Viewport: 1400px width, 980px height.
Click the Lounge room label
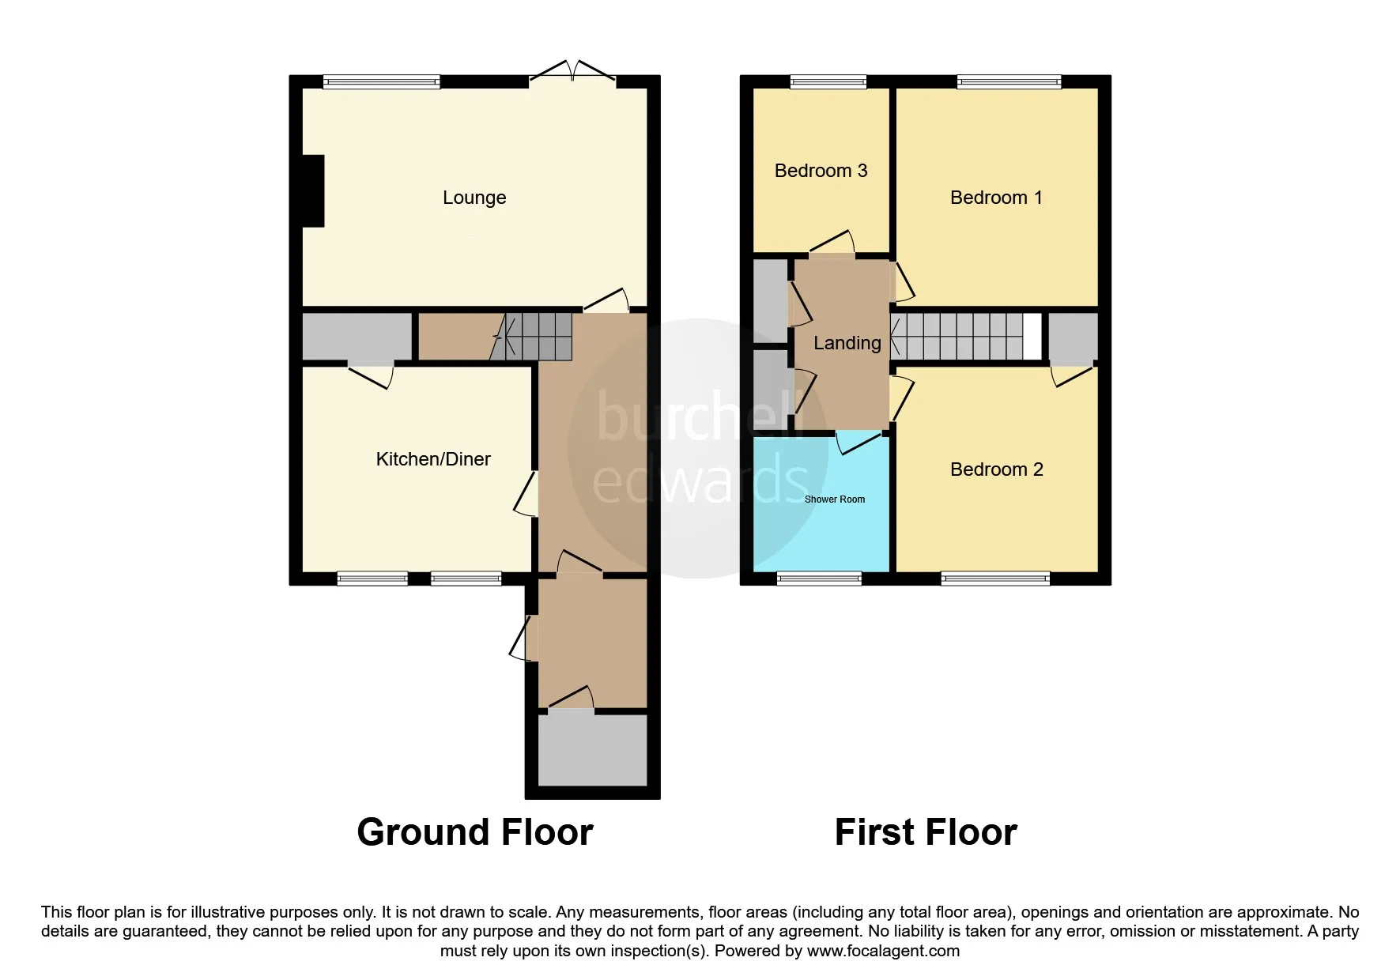474,198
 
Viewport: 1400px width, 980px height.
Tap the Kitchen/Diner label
433,459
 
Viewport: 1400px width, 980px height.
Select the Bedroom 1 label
996,198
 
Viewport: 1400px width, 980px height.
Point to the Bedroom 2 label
996,469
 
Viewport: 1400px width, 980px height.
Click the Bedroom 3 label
821,171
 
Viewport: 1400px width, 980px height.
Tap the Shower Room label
835,499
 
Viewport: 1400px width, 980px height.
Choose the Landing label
847,343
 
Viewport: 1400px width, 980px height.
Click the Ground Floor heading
475,832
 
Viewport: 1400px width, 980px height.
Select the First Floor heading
926,832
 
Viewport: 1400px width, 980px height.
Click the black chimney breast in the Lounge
314,191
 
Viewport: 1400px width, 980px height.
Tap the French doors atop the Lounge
572,73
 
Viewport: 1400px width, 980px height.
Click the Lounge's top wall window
381,81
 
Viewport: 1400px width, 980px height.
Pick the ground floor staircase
531,337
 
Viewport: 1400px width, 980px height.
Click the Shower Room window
819,579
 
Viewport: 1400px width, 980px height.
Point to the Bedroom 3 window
828,81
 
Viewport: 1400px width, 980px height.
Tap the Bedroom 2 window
995,579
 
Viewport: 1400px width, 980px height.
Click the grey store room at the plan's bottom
593,750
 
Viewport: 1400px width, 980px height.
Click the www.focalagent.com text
883,951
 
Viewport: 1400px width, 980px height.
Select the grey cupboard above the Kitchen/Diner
357,337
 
